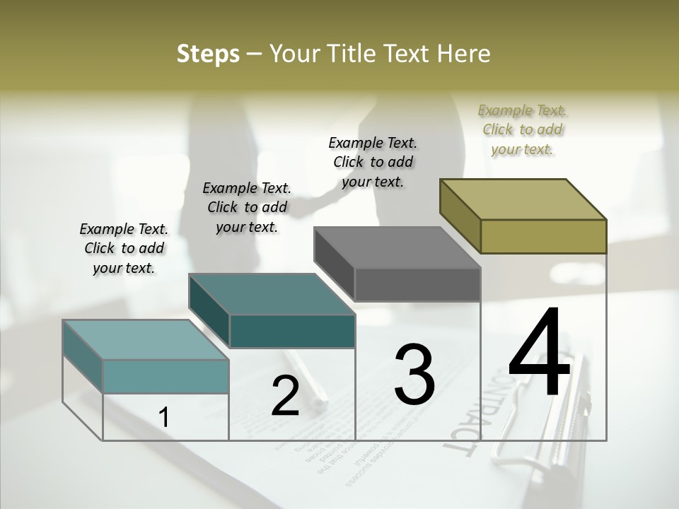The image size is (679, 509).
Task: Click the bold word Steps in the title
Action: pos(208,54)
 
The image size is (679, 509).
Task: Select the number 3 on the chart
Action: pos(414,374)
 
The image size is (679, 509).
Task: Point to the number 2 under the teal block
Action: pos(285,396)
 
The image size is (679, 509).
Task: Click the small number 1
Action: pos(164,418)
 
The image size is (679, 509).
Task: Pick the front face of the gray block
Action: pos(417,285)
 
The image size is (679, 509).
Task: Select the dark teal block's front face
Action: pos(292,331)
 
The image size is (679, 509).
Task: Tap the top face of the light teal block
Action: pos(145,339)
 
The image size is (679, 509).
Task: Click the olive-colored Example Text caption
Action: pos(522,129)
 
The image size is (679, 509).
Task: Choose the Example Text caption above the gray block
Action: pos(373,162)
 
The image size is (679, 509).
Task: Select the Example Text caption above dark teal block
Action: pos(246,207)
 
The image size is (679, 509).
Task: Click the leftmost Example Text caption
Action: pos(124,248)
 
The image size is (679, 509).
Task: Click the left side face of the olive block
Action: pos(460,215)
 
